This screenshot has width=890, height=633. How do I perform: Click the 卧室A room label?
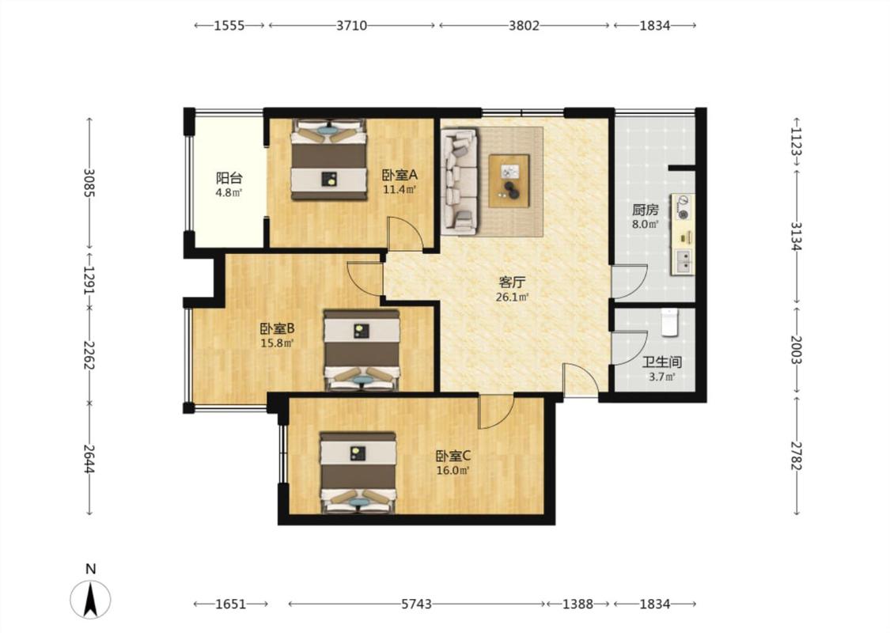coord(400,175)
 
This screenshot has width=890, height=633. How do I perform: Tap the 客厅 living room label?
coord(512,282)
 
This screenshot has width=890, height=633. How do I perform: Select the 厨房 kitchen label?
coord(646,210)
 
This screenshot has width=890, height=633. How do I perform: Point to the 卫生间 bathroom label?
coord(662,362)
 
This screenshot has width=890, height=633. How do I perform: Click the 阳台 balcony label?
coord(229,178)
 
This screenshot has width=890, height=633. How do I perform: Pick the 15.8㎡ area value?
coord(276,343)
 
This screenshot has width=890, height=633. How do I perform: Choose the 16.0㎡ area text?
coord(453,470)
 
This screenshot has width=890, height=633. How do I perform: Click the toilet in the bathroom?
coord(670,323)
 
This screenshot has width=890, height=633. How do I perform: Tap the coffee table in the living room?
coord(509,180)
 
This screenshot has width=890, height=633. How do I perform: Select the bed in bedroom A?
coord(328,160)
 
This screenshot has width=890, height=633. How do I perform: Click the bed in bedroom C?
coord(358,472)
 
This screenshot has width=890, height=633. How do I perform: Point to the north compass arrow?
coord(90,599)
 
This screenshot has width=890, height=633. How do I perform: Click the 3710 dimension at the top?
coord(352,25)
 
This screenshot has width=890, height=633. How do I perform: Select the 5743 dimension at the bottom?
coord(417,604)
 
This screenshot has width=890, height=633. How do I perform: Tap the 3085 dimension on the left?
coord(89,183)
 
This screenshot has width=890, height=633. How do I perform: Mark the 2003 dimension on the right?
coord(797,350)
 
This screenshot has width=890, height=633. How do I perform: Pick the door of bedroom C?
coord(497,412)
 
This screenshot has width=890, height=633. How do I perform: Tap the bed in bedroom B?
coord(362,350)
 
